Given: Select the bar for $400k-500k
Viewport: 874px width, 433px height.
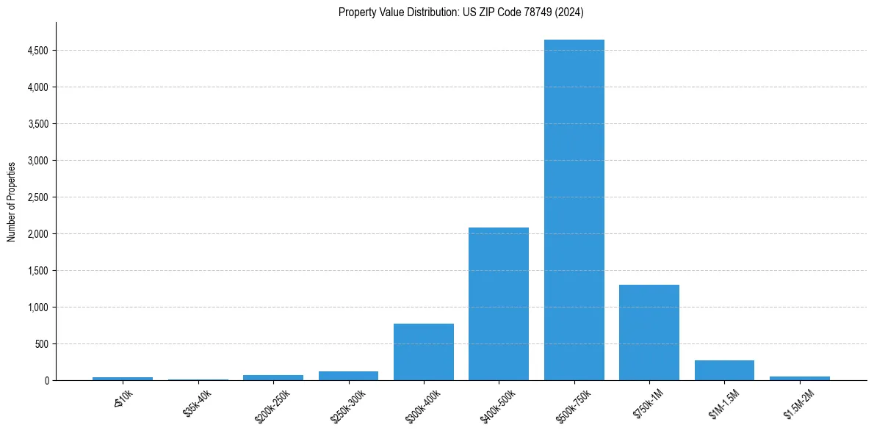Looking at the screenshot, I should click(499, 304).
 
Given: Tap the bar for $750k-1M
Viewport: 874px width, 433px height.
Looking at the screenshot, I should click(649, 332).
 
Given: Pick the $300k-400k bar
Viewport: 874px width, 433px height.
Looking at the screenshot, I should click(424, 352).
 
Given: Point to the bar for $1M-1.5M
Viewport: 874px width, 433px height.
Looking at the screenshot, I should click(724, 370).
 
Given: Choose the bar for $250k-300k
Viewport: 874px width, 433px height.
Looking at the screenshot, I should click(348, 376).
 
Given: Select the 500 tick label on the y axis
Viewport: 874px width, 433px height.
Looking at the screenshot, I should click(43, 344).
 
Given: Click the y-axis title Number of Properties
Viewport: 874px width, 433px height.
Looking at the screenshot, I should click(11, 201).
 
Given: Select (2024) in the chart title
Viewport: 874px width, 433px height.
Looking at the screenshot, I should click(569, 12).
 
